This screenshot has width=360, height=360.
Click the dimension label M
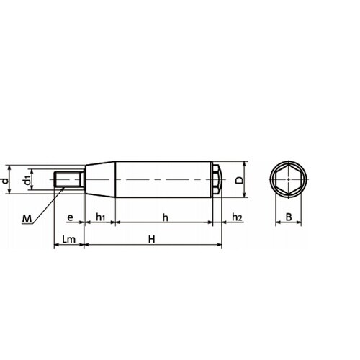(x=27, y=219)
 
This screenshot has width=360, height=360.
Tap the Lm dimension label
(x=68, y=239)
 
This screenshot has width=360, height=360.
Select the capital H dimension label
(x=152, y=239)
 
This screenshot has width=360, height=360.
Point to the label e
(x=70, y=217)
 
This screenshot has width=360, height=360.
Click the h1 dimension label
(x=100, y=217)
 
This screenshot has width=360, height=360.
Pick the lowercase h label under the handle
(x=166, y=217)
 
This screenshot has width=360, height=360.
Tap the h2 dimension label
(x=237, y=217)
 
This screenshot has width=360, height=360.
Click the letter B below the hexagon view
(x=289, y=217)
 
